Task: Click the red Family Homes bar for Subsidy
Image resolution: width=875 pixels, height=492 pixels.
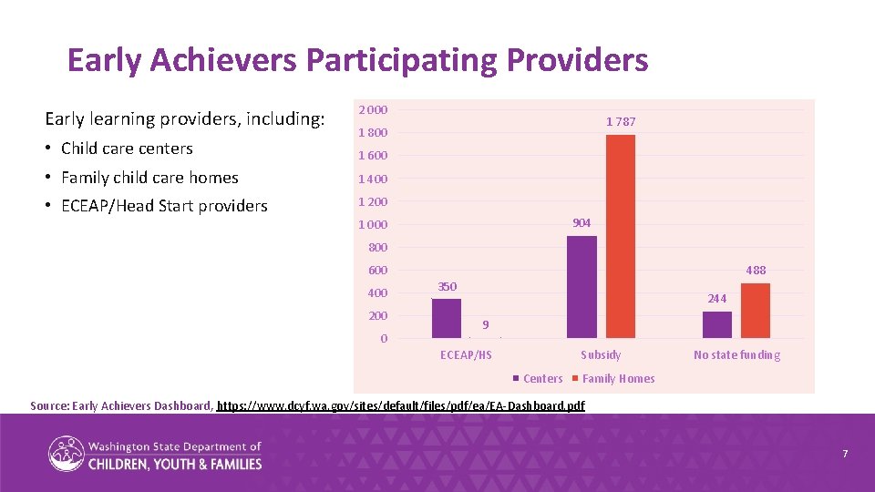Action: [x=620, y=237]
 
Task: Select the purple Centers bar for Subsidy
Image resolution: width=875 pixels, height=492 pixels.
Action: [x=582, y=287]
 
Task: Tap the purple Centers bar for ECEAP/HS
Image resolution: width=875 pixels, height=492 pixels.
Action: [x=447, y=318]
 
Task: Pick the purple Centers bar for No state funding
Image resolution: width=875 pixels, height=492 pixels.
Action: [x=717, y=324]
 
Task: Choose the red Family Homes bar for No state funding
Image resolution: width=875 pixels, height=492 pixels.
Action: [x=756, y=311]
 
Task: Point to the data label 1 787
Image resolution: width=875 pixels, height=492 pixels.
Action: [x=621, y=122]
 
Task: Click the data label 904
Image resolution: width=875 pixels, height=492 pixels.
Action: [x=582, y=223]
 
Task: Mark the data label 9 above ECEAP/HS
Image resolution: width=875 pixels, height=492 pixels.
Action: [x=486, y=324]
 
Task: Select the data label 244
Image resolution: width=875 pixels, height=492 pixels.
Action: [x=716, y=298]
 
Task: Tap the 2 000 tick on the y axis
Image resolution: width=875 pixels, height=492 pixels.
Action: [x=373, y=110]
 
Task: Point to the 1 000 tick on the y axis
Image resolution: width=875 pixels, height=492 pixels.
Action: [x=373, y=225]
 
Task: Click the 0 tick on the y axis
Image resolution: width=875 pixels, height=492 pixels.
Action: [x=384, y=339]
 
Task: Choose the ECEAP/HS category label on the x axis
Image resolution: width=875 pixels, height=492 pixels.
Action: [x=466, y=355]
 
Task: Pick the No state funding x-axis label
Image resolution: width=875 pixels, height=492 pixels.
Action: [x=736, y=355]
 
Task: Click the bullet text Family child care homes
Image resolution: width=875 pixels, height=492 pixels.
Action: [x=149, y=178]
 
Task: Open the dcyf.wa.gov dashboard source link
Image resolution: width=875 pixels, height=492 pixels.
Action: [x=402, y=405]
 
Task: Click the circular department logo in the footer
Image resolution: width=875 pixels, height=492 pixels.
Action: [x=66, y=453]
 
